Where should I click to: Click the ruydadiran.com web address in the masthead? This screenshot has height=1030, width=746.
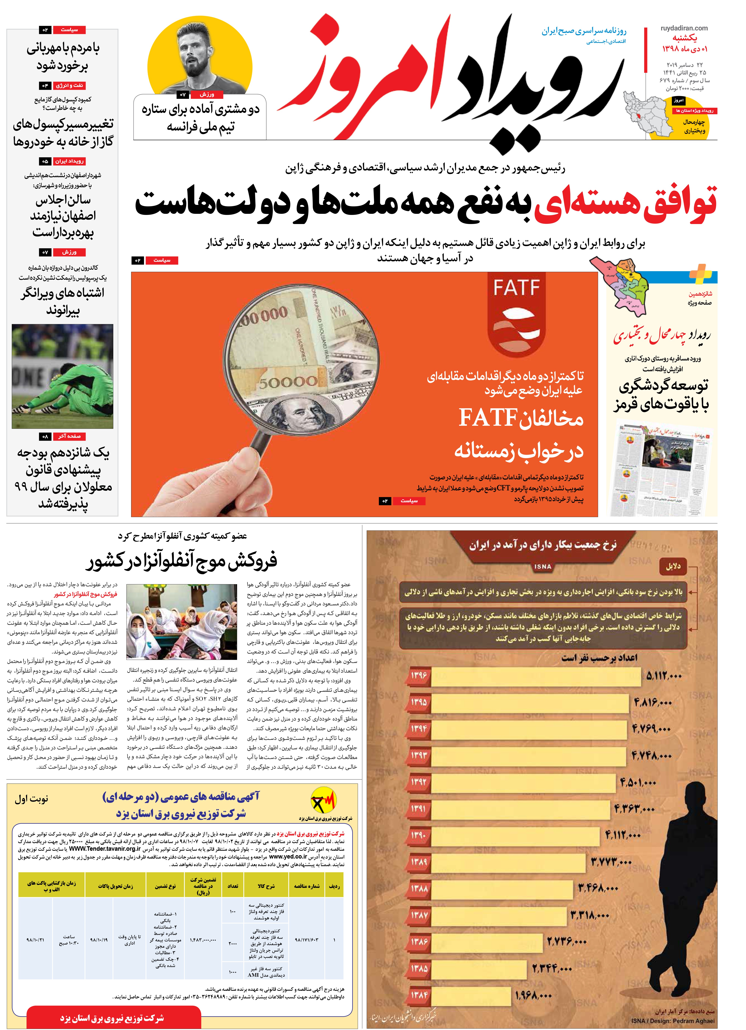pyautogui.click(x=684, y=28)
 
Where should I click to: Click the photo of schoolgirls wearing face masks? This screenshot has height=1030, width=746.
pyautogui.click(x=182, y=622)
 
